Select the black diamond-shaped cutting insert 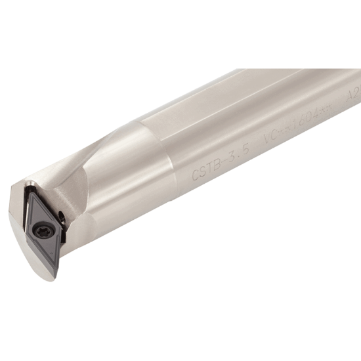(43, 226)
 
